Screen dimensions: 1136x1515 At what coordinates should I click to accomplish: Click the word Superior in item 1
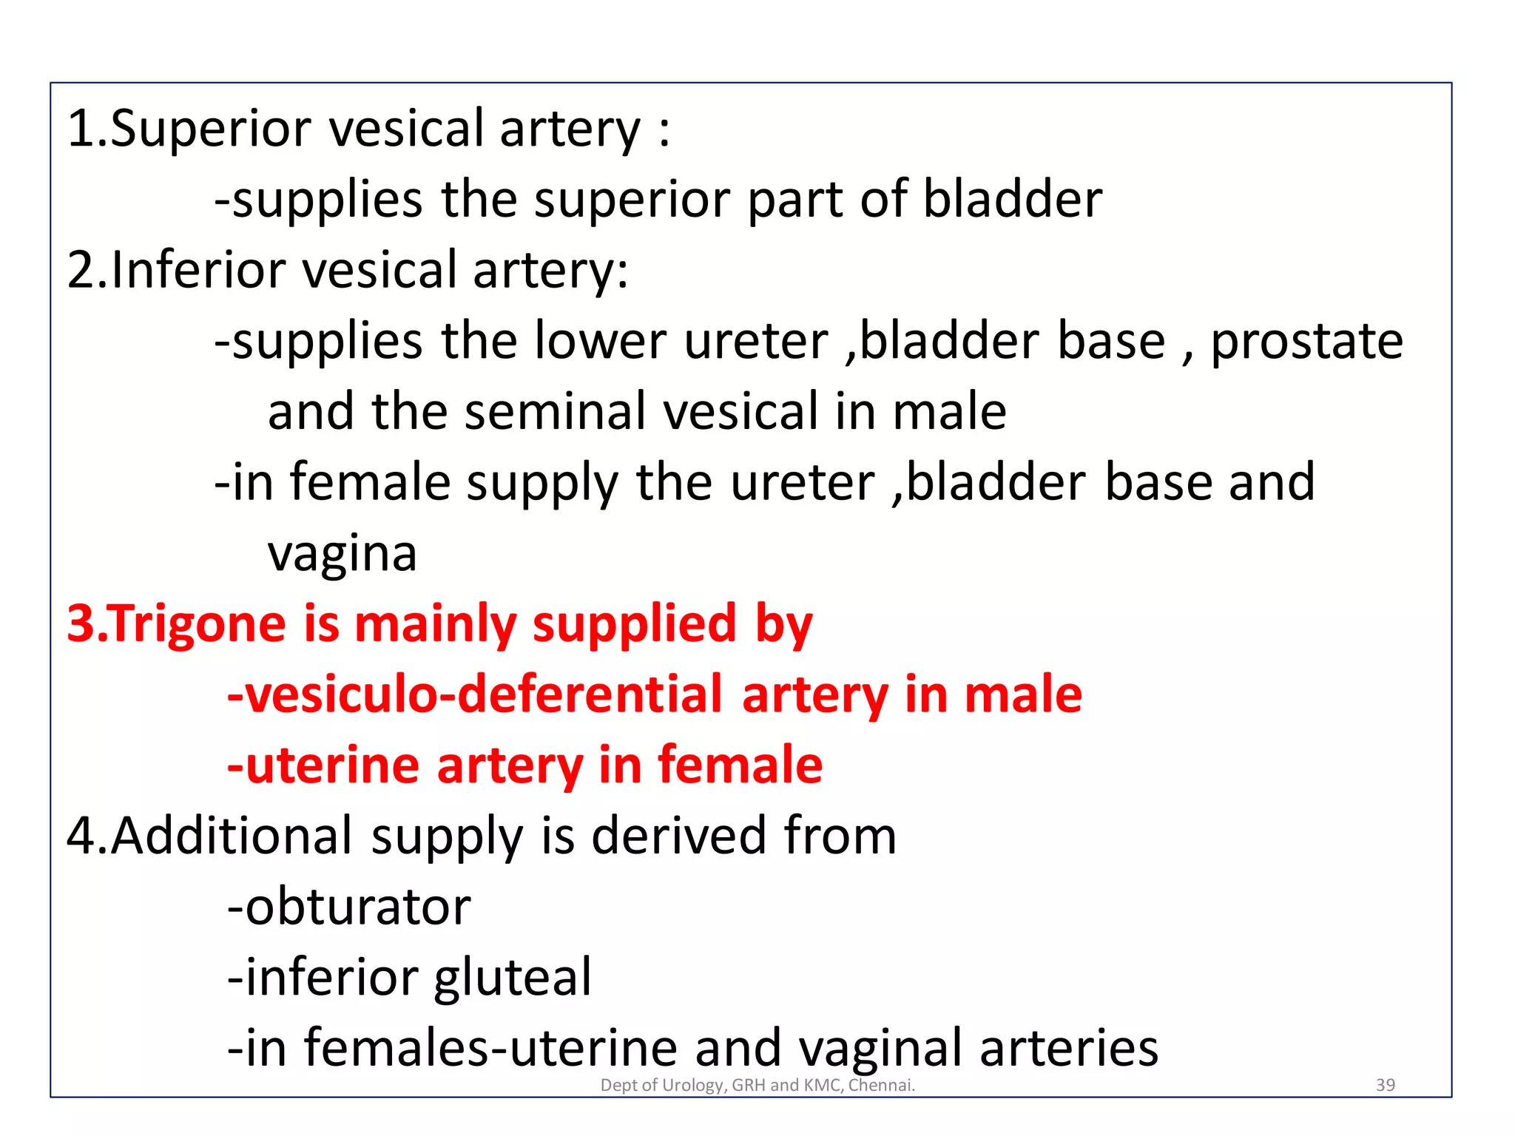pyautogui.click(x=211, y=129)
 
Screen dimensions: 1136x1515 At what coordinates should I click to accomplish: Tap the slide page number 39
pyautogui.click(x=1385, y=1085)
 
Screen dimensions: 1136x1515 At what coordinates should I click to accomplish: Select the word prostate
pyautogui.click(x=1306, y=341)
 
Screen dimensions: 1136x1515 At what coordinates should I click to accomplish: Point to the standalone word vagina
pyautogui.click(x=343, y=553)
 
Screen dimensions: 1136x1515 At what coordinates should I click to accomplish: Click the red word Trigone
pyautogui.click(x=198, y=623)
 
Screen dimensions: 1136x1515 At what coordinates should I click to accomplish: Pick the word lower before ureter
pyautogui.click(x=601, y=341)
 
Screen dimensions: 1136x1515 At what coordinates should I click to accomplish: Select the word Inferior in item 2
pyautogui.click(x=198, y=270)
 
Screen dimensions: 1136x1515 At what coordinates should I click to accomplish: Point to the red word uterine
pyautogui.click(x=333, y=765)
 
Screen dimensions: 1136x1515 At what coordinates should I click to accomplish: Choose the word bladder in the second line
pyautogui.click(x=1013, y=200)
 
